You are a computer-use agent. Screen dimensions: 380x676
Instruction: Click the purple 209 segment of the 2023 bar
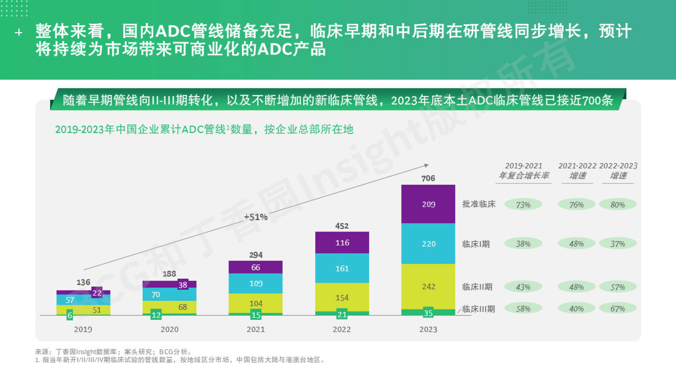[x=428, y=204]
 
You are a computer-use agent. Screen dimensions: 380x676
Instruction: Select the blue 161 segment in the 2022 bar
[x=342, y=268]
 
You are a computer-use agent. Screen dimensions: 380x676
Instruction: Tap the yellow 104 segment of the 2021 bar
[x=255, y=303]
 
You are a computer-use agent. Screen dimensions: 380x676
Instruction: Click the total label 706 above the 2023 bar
[x=428, y=178]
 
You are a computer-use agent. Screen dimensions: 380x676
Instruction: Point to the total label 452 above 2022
[x=342, y=226]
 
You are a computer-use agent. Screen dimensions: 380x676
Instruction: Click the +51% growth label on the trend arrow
[x=255, y=217]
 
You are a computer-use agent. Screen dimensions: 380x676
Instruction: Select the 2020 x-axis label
[x=169, y=329]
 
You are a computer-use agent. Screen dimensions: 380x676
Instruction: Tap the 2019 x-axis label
[x=83, y=329]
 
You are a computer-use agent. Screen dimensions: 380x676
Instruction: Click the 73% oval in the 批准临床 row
[x=523, y=205]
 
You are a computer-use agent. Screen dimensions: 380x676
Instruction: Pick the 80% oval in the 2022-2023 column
[x=617, y=205]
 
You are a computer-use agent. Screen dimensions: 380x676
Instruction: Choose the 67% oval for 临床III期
[x=617, y=309]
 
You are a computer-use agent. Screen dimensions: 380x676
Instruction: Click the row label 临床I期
[x=476, y=244]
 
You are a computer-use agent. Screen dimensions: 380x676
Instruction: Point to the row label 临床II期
[x=477, y=287]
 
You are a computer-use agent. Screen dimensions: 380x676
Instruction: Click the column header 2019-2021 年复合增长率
[x=524, y=171]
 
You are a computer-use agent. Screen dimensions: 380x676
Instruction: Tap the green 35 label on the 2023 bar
[x=428, y=313]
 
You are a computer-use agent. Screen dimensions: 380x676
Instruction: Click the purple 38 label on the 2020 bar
[x=183, y=285]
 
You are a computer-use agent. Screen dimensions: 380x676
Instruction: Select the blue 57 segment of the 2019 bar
[x=70, y=300]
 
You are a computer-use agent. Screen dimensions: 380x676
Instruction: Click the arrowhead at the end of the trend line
[x=426, y=165]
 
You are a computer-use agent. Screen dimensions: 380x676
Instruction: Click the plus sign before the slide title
[x=18, y=32]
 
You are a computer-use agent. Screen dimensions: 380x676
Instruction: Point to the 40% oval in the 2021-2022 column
[x=576, y=309]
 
